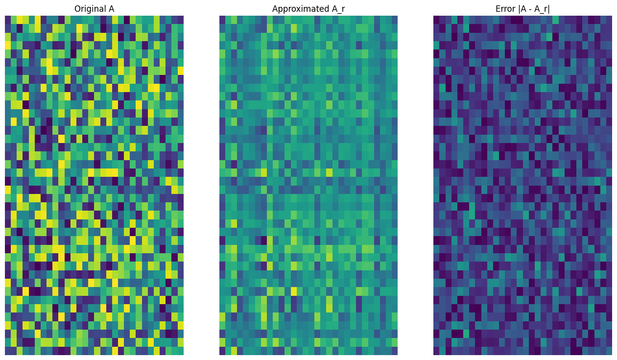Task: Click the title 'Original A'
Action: [94, 9]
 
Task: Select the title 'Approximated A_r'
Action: [308, 9]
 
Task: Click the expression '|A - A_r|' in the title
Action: [534, 9]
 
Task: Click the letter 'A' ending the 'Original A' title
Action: [111, 9]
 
